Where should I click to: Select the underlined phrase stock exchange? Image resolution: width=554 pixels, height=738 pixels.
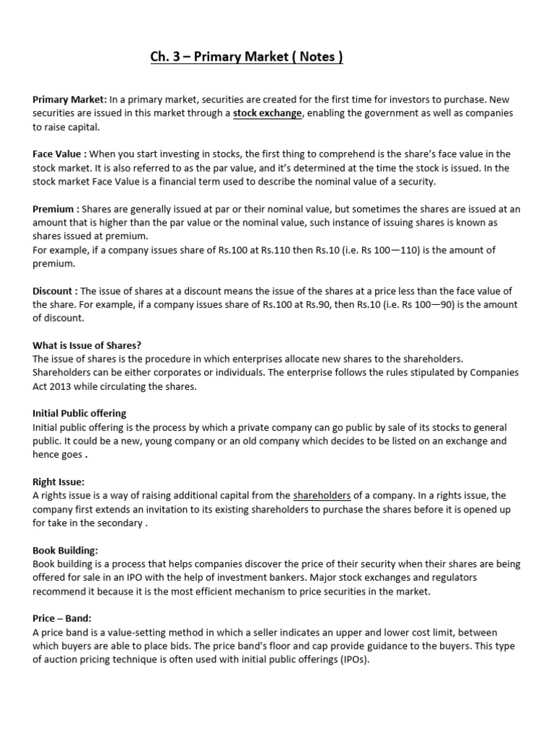click(x=267, y=113)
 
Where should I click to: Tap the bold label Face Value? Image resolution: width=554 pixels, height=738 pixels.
click(x=60, y=154)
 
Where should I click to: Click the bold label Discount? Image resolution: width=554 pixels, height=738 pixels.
click(x=55, y=291)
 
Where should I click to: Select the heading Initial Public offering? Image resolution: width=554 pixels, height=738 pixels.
click(x=79, y=414)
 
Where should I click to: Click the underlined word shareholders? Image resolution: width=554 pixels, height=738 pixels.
click(x=322, y=496)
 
